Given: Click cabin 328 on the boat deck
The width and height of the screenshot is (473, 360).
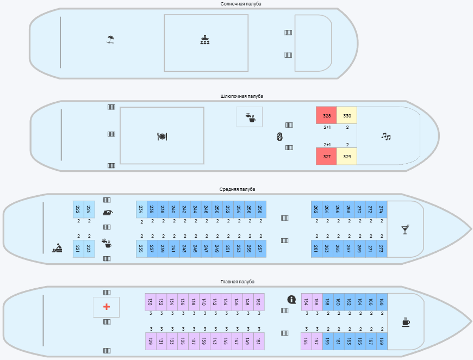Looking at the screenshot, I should (x=326, y=115).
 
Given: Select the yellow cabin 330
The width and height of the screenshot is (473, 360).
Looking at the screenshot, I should (x=347, y=115).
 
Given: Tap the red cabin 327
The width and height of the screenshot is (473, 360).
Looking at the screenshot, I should (x=326, y=156).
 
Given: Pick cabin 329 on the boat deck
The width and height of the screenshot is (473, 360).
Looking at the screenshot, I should (x=347, y=156).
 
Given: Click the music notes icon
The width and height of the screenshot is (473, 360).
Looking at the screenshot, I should (x=386, y=136).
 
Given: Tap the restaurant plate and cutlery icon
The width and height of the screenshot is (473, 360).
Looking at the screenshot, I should (x=161, y=136).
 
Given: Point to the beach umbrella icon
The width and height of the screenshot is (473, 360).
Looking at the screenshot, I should (x=110, y=40).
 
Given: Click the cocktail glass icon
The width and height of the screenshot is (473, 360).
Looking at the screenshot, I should (x=405, y=229).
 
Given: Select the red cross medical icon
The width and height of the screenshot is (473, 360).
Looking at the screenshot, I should (x=107, y=307).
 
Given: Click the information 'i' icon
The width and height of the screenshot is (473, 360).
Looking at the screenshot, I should (x=291, y=300).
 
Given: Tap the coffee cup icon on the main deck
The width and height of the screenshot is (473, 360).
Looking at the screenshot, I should (x=406, y=322).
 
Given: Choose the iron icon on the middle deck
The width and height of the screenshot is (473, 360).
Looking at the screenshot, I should (x=107, y=213).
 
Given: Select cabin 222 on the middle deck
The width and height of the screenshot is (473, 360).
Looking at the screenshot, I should (x=78, y=209).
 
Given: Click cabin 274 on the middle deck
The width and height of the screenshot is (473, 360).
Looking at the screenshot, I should (x=382, y=209).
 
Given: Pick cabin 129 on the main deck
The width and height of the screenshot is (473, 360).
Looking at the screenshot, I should (x=151, y=342).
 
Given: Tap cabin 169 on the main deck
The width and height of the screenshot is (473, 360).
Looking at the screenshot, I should (x=382, y=342).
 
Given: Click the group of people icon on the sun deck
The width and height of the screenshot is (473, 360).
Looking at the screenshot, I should (x=205, y=40).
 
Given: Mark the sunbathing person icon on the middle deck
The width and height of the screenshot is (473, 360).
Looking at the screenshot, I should (x=57, y=248).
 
